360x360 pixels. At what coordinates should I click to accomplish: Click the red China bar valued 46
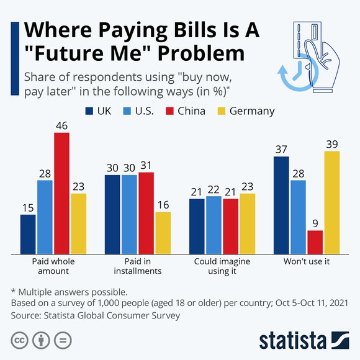click(61, 193)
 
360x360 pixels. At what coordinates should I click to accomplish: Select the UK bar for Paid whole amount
click(28, 234)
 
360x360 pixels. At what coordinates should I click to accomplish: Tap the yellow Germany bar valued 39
click(332, 202)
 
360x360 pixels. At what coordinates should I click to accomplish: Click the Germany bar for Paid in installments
click(163, 233)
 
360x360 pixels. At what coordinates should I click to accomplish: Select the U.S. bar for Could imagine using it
click(214, 225)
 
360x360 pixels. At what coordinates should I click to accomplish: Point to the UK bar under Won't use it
click(282, 205)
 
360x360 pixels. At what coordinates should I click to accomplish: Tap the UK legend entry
click(101, 111)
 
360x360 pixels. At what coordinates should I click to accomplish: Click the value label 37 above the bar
click(282, 150)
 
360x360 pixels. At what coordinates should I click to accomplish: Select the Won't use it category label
click(307, 262)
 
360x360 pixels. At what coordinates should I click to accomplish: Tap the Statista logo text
click(292, 340)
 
